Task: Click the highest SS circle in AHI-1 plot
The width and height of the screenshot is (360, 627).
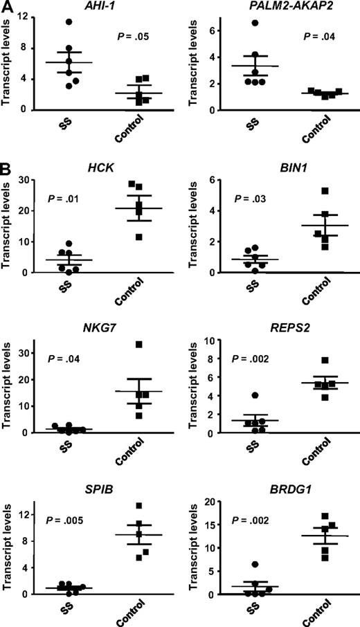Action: pos(69,22)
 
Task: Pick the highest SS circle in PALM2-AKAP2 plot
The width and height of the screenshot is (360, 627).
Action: pos(255,23)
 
